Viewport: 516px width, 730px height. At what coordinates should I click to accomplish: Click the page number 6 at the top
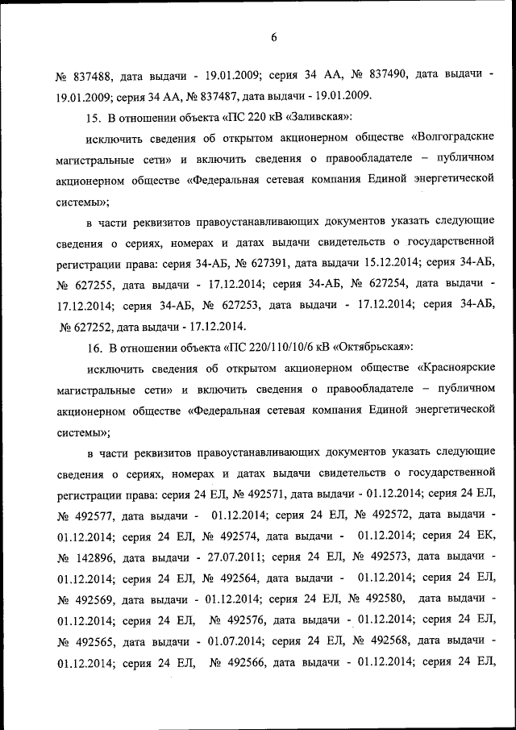(x=273, y=37)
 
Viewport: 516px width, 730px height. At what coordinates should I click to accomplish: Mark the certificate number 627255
(x=96, y=285)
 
